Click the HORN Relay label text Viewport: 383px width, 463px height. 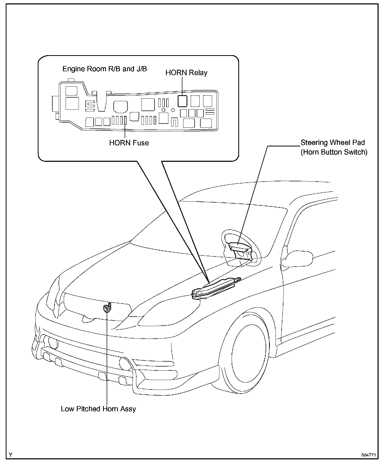point(186,73)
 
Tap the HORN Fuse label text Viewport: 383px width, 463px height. point(129,143)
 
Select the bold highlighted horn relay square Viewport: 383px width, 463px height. point(182,101)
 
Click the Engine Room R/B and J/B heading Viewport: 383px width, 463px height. point(105,69)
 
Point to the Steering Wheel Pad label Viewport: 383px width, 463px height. point(333,143)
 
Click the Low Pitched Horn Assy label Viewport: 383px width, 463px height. point(98,409)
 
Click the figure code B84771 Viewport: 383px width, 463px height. point(368,455)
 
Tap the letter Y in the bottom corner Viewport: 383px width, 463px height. point(10,455)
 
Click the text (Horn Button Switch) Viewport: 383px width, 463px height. point(334,152)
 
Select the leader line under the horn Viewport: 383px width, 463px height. point(107,359)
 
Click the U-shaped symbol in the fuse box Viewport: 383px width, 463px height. point(175,122)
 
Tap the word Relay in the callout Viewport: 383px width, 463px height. point(198,73)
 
